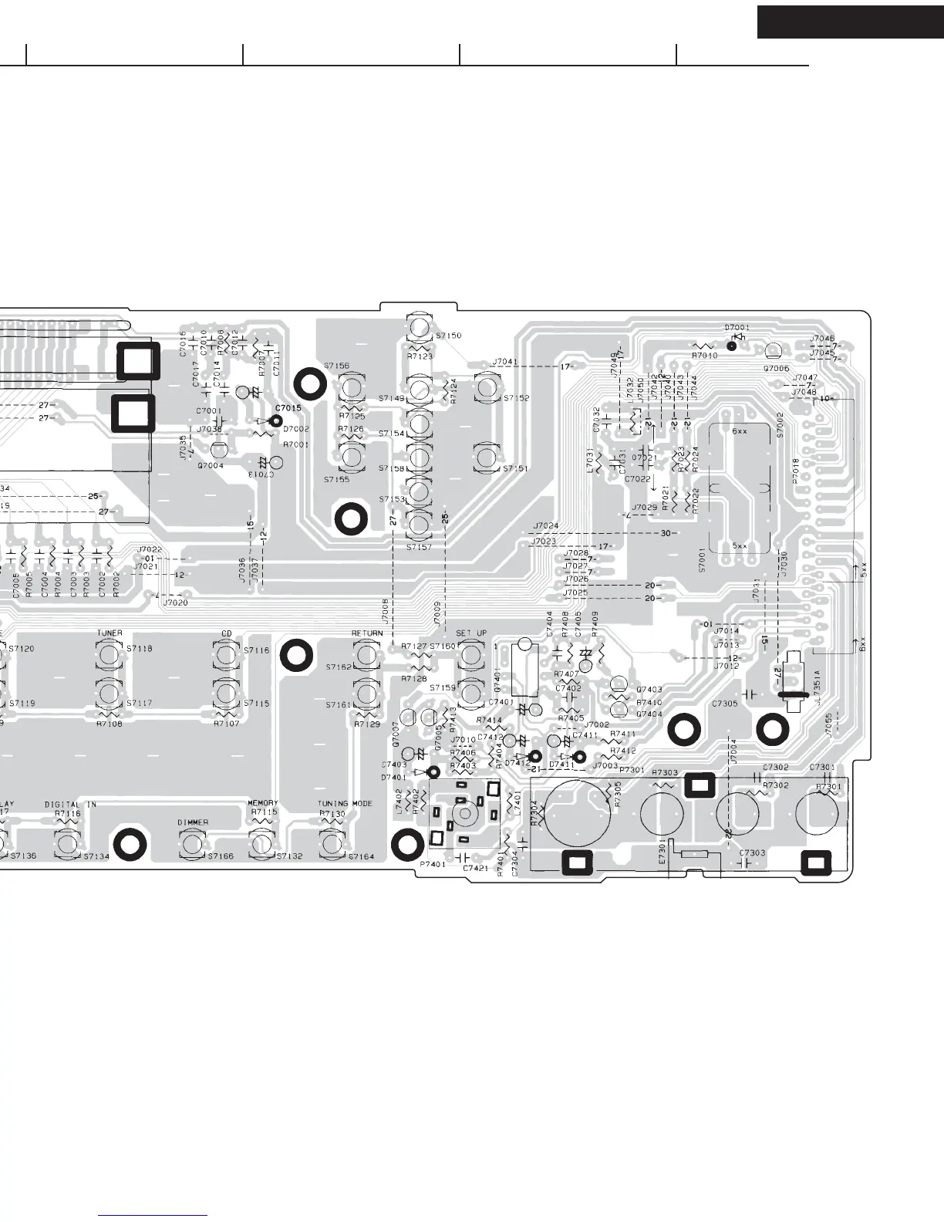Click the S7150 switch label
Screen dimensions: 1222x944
point(448,336)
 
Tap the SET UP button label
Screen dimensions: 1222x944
point(471,633)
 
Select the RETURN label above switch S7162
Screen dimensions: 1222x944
point(367,633)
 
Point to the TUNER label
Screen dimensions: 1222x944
point(110,633)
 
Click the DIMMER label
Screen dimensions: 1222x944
point(193,822)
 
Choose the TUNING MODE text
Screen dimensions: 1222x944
point(345,804)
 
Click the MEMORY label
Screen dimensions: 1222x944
point(262,804)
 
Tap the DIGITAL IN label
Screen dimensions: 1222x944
point(70,804)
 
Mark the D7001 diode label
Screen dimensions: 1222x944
point(737,328)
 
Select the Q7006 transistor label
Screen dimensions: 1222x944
point(776,369)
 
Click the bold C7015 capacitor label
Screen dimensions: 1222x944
point(288,407)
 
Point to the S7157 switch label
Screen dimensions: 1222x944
point(419,547)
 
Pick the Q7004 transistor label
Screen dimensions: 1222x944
point(211,466)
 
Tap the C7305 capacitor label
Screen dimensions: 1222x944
point(724,704)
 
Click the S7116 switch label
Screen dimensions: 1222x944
point(257,651)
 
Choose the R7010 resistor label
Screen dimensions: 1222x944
point(704,356)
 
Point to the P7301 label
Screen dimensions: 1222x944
point(632,771)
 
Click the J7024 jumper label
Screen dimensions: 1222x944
point(544,526)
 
